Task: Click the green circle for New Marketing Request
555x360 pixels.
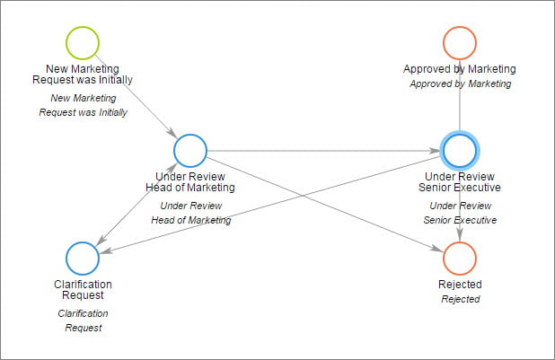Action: (x=83, y=43)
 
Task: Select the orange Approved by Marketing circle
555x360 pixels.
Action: (x=460, y=43)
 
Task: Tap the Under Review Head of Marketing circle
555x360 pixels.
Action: (x=190, y=151)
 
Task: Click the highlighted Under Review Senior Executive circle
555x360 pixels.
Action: (x=460, y=151)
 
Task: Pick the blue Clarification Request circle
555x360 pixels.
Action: (x=83, y=259)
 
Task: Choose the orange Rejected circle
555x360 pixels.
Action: (x=460, y=259)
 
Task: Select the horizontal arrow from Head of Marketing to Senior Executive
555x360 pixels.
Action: (x=323, y=151)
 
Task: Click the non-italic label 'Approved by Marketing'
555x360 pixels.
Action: (x=460, y=69)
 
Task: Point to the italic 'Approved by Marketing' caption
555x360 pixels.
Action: (x=460, y=83)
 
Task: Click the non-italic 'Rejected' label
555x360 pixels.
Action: (x=460, y=285)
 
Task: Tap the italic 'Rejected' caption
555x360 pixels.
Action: (x=460, y=299)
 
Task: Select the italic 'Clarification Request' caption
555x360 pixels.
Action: (x=83, y=320)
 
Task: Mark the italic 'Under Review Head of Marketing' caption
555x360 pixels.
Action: (x=190, y=213)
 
